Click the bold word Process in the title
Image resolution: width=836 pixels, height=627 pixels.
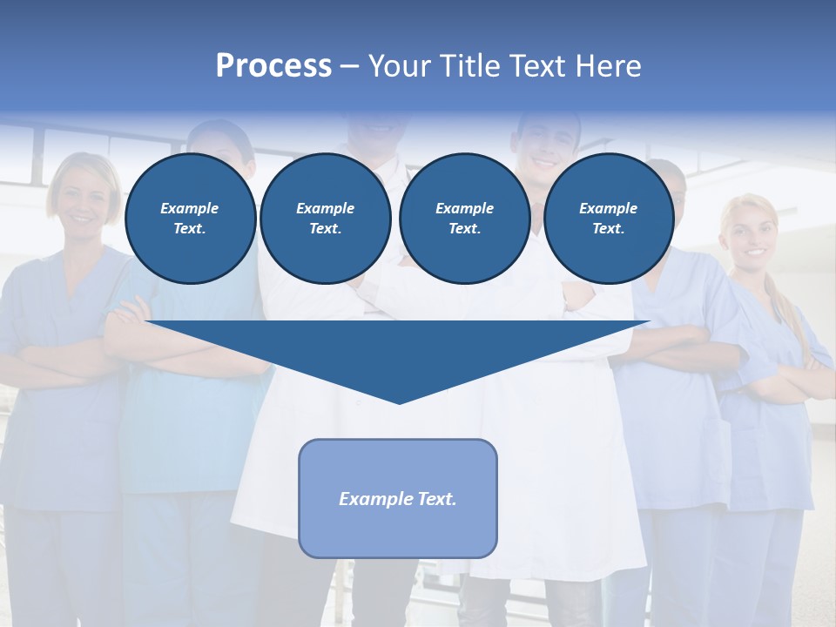[x=273, y=66]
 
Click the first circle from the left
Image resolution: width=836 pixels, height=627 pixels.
[x=191, y=219]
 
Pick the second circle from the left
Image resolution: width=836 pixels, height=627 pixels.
[x=326, y=219]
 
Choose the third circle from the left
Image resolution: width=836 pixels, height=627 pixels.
[x=465, y=219]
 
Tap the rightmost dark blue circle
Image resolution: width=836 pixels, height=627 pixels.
[x=609, y=219]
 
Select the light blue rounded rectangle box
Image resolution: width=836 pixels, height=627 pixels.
[x=398, y=498]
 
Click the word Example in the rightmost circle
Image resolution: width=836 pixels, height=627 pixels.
[x=608, y=208]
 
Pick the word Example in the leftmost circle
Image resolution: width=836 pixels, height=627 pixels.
[x=190, y=208]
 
